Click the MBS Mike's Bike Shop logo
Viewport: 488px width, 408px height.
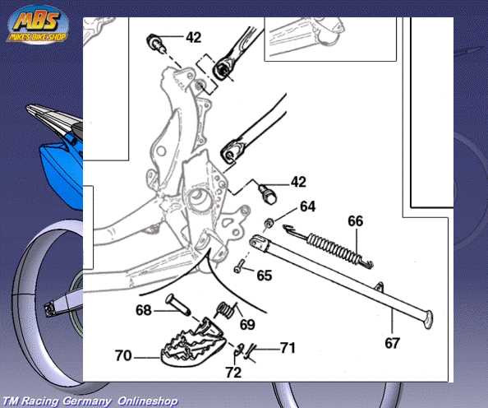[38, 25]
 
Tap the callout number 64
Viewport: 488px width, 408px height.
[307, 206]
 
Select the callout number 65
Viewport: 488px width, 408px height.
[265, 276]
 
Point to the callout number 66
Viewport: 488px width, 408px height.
[356, 221]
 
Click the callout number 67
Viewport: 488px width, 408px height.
[392, 344]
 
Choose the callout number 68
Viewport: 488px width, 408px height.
[144, 310]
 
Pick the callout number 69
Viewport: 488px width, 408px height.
[247, 325]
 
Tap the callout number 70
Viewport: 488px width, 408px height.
[123, 355]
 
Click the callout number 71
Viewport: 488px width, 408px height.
[288, 348]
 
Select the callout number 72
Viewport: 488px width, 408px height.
[233, 373]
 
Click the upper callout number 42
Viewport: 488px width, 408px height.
[194, 37]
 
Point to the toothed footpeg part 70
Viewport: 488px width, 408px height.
[192, 344]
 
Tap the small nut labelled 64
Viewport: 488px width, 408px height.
[269, 223]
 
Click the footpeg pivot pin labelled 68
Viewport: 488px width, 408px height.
[178, 304]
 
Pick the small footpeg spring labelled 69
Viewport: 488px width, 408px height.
[227, 311]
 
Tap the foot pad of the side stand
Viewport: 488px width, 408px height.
[428, 319]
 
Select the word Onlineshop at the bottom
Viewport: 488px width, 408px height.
[148, 401]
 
